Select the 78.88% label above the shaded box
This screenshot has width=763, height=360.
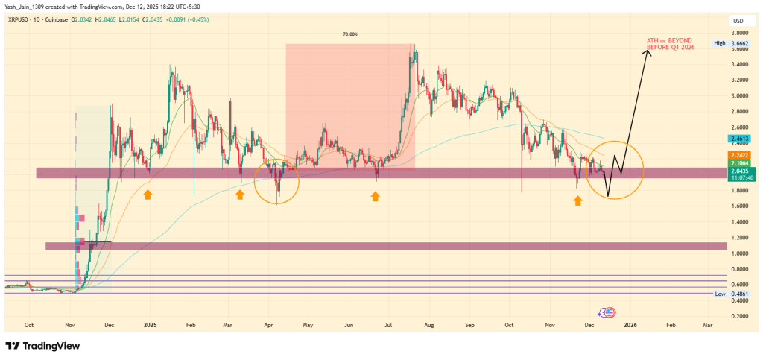[349, 34]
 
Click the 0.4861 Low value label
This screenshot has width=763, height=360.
[738, 294]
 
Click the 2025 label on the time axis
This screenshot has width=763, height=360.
[150, 325]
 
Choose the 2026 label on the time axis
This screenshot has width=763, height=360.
[630, 325]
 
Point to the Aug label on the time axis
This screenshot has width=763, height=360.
[428, 325]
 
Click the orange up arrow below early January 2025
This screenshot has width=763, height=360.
[148, 195]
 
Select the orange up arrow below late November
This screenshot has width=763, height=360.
[577, 200]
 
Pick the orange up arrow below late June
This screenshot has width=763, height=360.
[376, 196]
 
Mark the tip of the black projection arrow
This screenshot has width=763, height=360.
[648, 49]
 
